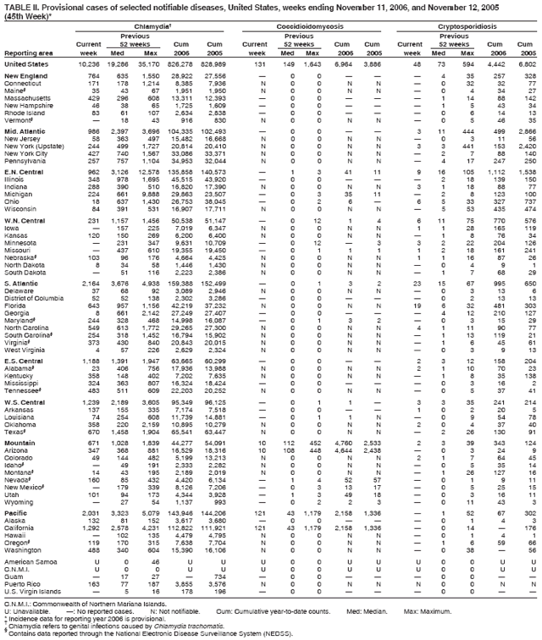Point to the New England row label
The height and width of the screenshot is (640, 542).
pos(25,76)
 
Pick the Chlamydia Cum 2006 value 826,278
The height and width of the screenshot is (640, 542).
pos(189,63)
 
